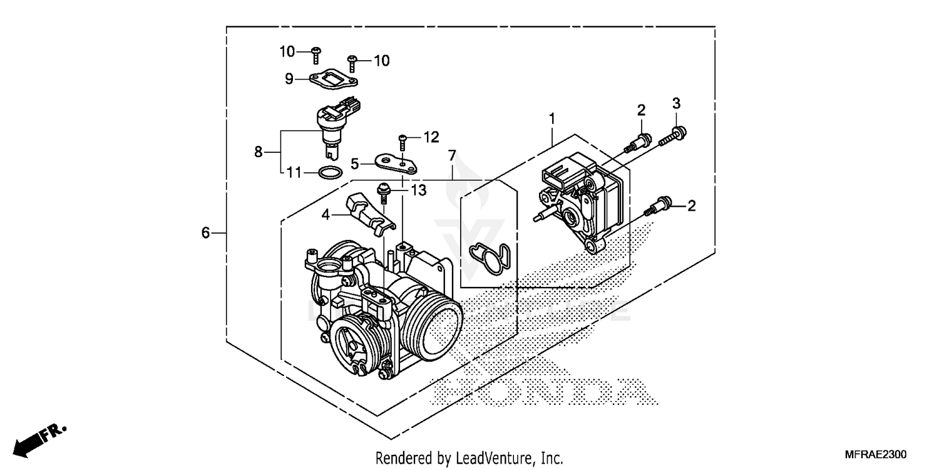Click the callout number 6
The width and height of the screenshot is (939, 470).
point(205,233)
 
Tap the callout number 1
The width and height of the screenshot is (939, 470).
point(552,118)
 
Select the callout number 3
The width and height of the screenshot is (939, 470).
point(676,103)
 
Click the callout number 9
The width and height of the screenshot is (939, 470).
point(289,78)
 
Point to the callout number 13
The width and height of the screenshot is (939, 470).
point(418,190)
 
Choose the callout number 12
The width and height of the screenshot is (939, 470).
point(431,137)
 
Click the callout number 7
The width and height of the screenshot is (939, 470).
point(452,155)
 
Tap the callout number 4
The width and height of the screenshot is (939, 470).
point(326,215)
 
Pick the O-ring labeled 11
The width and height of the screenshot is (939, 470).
point(330,172)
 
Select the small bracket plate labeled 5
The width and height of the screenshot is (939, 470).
point(396,164)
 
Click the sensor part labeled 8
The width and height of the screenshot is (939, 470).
point(332,125)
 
